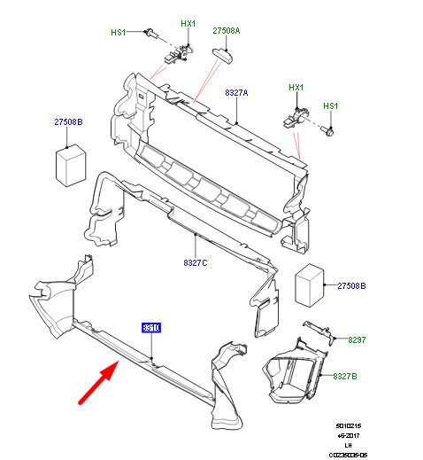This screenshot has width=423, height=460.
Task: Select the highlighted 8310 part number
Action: (151, 328)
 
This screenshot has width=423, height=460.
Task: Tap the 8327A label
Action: (236, 92)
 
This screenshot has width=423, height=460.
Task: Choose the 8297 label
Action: (357, 339)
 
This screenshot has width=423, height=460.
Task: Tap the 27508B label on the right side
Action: (351, 286)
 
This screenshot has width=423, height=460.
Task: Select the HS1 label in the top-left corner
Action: (119, 32)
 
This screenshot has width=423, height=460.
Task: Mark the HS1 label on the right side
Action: (330, 106)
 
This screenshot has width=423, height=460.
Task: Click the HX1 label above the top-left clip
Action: (188, 24)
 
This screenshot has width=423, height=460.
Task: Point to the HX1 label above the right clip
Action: (296, 88)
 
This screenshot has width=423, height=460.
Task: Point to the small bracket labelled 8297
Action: (318, 332)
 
